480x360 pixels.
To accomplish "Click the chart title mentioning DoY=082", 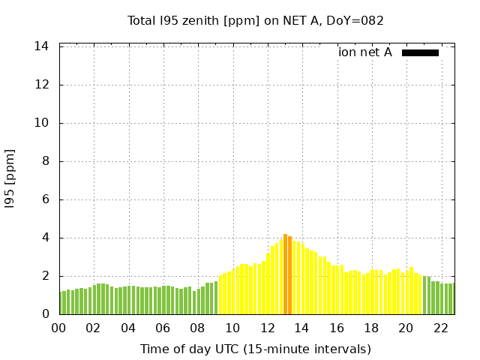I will [x=255, y=20].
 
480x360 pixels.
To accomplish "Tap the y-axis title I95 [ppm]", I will [x=10, y=179].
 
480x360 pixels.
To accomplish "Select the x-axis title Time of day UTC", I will [x=255, y=349].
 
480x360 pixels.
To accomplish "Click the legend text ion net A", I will [x=364, y=52].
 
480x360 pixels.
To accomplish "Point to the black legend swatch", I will [x=420, y=52].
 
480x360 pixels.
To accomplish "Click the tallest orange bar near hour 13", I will [x=285, y=274].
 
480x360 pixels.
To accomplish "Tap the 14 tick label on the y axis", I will [x=42, y=46].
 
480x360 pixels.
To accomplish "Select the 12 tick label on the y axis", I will [x=42, y=85].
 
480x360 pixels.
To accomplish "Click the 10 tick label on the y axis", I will [x=42, y=123].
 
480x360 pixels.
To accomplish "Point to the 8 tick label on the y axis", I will [x=45, y=161].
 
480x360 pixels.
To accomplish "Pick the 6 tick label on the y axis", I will [x=45, y=199].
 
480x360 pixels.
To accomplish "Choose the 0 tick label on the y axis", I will [x=45, y=314].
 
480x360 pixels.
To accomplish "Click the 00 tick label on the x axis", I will [x=58, y=328].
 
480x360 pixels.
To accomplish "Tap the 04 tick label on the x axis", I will [x=128, y=328].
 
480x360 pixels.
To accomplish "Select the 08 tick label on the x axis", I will [x=197, y=328].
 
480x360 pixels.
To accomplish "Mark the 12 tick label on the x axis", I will [x=267, y=328].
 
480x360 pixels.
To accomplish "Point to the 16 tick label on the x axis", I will [x=336, y=328].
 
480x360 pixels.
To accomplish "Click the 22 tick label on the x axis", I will [x=440, y=328].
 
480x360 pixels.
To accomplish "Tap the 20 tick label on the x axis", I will [x=406, y=328].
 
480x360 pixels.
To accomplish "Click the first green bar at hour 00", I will [x=61, y=303].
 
